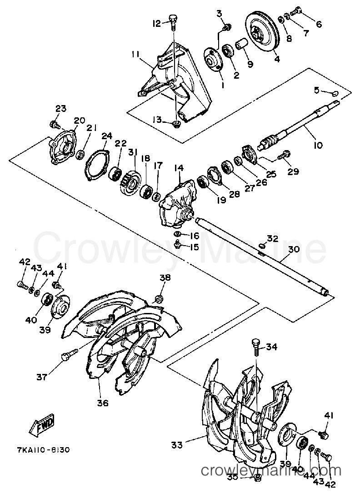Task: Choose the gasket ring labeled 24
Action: tap(97, 164)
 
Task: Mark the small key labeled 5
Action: tap(335, 93)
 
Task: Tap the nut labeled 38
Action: tap(159, 298)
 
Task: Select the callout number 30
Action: tap(293, 249)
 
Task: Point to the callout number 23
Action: tap(61, 109)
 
